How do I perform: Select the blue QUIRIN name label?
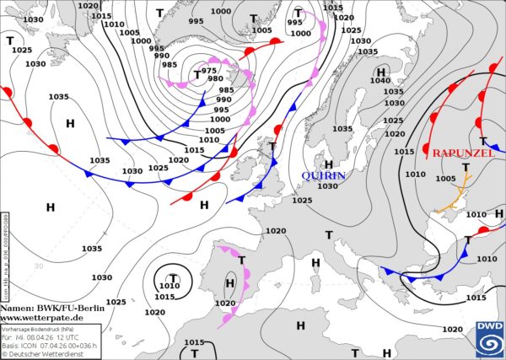pos(324,175)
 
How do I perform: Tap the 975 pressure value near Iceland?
pos(210,70)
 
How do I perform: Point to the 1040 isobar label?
pos(380,81)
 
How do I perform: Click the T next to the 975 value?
pos(197,75)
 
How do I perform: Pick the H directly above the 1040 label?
pos(381,71)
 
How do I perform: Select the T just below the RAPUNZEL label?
pos(466,168)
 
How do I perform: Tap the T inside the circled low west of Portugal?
pos(173,277)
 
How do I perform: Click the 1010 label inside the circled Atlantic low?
pos(169,287)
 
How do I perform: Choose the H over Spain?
pos(229,283)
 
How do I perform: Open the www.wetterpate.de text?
pos(42,318)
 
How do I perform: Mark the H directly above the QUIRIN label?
pos(329,164)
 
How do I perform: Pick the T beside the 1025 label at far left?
pos(10,40)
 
